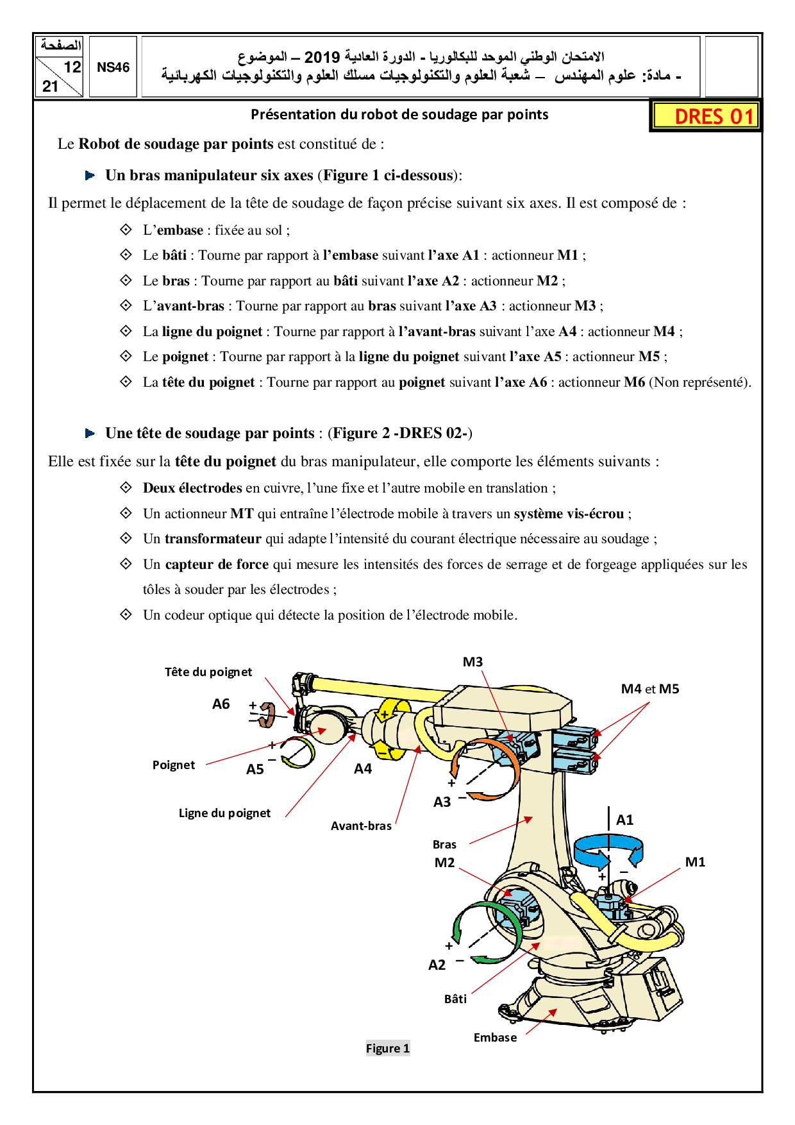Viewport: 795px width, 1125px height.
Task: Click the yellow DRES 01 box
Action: (706, 116)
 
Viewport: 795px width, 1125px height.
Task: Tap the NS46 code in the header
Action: (113, 67)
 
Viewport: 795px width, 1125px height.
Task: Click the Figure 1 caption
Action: (387, 1048)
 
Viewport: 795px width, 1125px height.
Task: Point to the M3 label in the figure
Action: (473, 662)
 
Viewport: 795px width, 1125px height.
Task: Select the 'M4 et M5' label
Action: (649, 689)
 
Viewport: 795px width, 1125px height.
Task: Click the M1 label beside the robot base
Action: (695, 862)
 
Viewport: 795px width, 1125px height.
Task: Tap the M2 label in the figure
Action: (444, 863)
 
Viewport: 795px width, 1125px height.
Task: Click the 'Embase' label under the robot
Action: (495, 1037)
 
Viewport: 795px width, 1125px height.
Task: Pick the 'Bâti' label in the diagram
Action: (455, 999)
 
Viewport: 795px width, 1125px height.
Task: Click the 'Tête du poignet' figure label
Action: (208, 672)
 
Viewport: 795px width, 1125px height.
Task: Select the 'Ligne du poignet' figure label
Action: (224, 813)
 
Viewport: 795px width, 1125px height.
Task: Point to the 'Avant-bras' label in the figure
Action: (361, 826)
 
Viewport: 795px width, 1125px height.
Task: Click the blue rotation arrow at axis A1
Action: (608, 850)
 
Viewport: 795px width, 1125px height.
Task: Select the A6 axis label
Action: (221, 704)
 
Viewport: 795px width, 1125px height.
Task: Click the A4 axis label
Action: (363, 768)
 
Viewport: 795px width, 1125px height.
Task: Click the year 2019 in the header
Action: (321, 58)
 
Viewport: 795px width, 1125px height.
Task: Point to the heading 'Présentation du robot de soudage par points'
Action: (399, 115)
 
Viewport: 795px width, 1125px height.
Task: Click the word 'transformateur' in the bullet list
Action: (213, 539)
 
